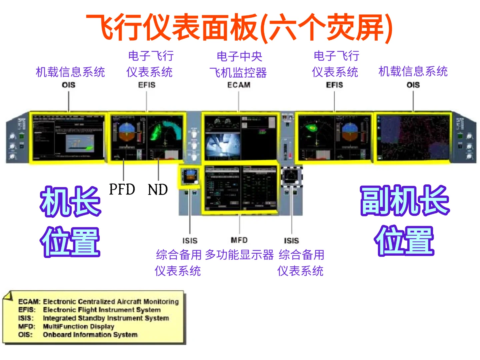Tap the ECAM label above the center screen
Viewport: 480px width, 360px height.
(x=239, y=85)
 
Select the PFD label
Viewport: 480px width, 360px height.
(x=122, y=189)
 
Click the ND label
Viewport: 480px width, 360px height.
(x=158, y=190)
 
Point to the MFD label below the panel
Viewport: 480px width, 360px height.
(x=239, y=240)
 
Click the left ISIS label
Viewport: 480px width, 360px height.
(x=190, y=241)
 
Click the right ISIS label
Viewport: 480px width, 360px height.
(x=291, y=241)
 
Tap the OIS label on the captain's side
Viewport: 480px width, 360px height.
(x=69, y=85)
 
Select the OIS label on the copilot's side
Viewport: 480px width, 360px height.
(x=413, y=85)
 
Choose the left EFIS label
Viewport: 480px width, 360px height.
(x=147, y=85)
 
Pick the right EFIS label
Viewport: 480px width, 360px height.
(x=334, y=85)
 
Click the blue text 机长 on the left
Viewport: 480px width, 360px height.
(x=70, y=201)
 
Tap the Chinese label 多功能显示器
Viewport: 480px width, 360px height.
(x=239, y=255)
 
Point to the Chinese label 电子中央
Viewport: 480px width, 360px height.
(x=239, y=56)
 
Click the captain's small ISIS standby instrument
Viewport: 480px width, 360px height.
(x=190, y=176)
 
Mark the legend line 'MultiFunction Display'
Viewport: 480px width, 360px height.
(x=78, y=326)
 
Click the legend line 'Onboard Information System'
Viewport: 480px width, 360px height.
(x=90, y=335)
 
